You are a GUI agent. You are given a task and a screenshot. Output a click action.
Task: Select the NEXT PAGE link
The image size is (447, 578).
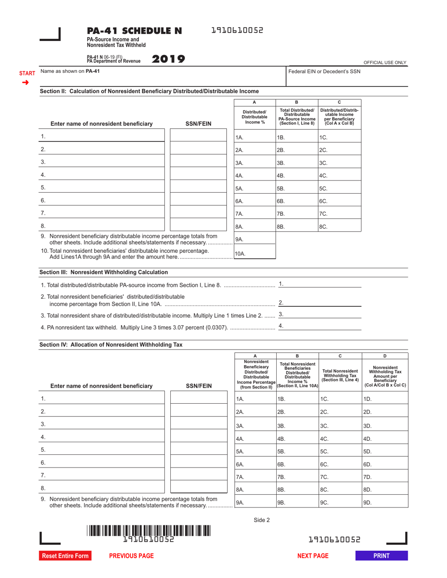point(312,556)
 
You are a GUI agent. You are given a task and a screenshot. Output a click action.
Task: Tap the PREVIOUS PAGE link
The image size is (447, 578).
point(131,556)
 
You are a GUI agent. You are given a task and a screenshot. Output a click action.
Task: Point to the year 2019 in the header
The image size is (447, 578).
point(168,59)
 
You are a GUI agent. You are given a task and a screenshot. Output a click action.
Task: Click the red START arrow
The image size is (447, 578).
point(26,82)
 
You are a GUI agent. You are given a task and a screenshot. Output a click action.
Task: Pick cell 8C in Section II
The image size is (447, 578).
point(340,226)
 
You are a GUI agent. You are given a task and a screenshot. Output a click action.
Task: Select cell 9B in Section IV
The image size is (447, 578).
point(297,502)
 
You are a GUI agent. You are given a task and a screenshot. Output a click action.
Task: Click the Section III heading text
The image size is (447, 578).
point(104,272)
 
